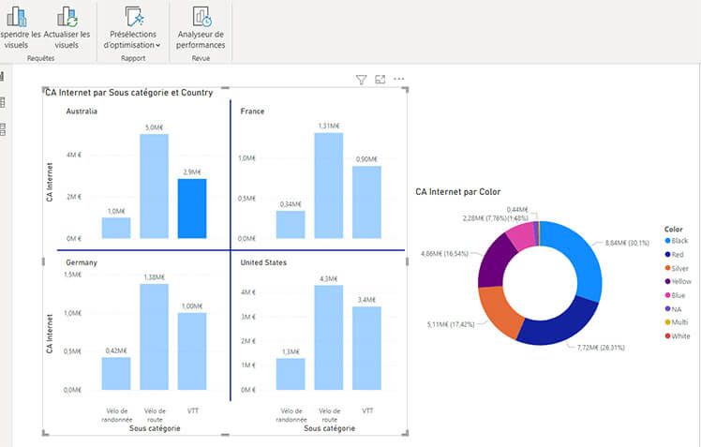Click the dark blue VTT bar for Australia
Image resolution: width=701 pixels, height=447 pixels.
click(192, 209)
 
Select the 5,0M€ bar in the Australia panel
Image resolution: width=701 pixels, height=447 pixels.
click(154, 186)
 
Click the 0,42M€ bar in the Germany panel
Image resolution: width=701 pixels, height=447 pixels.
click(116, 373)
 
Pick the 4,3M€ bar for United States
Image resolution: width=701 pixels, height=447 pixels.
click(328, 336)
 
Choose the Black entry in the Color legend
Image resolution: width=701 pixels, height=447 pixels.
click(680, 241)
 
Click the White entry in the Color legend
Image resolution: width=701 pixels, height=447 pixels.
click(680, 335)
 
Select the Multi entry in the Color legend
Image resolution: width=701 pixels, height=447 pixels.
click(680, 322)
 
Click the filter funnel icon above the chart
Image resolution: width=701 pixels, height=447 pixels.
click(361, 81)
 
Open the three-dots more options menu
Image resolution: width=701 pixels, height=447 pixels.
click(399, 80)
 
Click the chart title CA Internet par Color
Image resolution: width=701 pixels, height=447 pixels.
click(458, 192)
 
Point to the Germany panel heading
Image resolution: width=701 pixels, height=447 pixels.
click(82, 263)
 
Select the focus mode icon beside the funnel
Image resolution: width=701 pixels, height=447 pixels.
click(380, 81)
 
